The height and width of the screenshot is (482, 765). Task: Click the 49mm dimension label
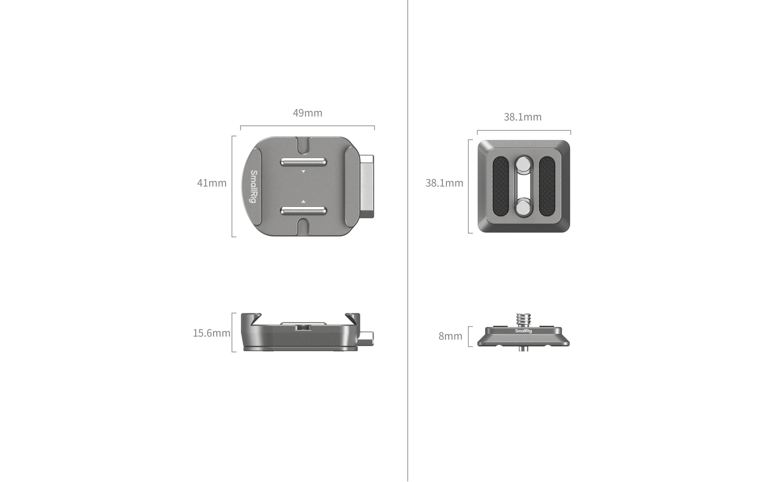[308, 113]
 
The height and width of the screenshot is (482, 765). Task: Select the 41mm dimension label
[212, 183]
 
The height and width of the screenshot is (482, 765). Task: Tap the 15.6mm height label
[212, 333]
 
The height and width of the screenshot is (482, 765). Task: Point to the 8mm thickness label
[450, 336]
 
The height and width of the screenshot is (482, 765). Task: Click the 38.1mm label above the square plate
[523, 117]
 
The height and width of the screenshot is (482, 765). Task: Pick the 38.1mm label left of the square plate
[444, 183]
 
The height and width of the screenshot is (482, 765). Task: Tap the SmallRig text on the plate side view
[523, 331]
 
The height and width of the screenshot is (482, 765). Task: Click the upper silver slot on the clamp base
[303, 162]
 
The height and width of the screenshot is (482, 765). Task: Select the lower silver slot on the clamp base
[303, 210]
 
